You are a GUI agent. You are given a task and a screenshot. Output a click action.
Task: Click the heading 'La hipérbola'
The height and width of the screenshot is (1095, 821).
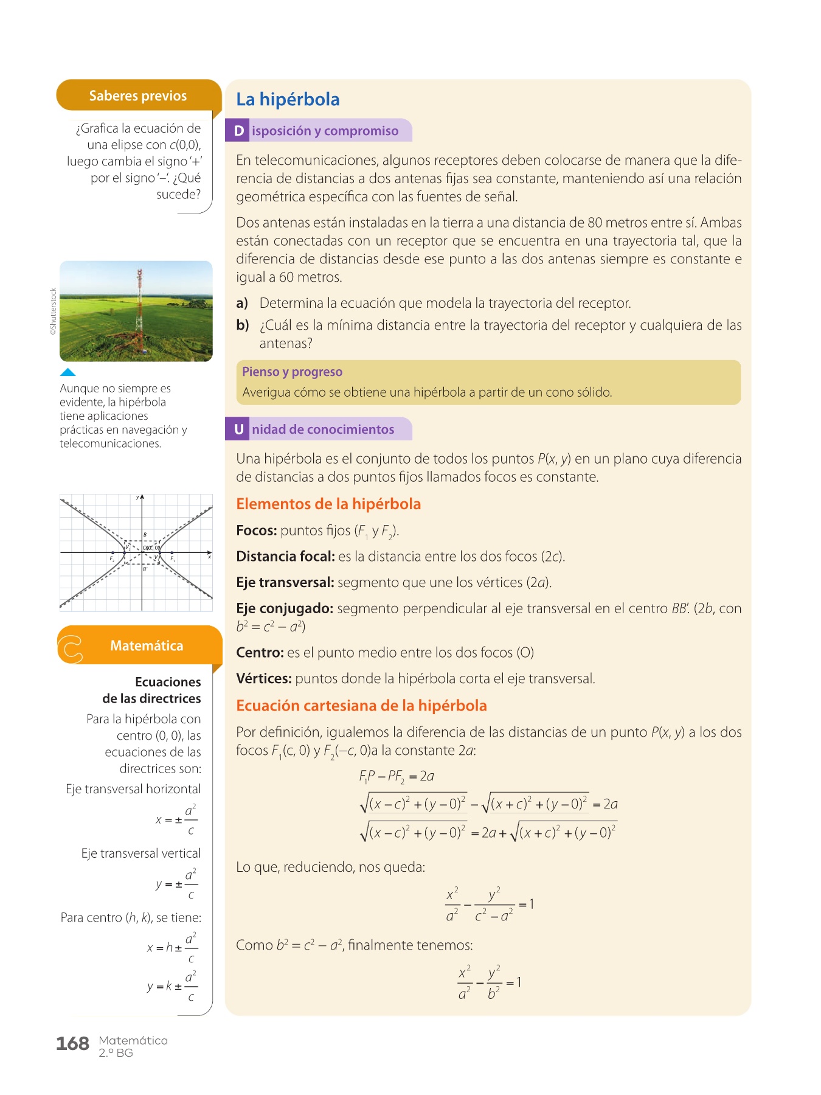click(288, 99)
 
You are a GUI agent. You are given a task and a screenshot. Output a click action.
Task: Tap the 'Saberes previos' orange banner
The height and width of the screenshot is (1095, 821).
click(138, 96)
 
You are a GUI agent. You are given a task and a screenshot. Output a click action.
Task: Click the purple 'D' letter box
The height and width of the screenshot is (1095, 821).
click(238, 131)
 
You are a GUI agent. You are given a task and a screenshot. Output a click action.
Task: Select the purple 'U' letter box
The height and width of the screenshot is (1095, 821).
click(238, 429)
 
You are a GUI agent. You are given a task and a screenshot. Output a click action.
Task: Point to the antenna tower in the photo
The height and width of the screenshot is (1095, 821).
click(139, 304)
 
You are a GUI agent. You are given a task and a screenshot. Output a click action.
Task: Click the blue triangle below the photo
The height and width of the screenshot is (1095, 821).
click(68, 372)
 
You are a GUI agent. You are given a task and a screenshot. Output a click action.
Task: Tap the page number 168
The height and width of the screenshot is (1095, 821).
click(72, 1044)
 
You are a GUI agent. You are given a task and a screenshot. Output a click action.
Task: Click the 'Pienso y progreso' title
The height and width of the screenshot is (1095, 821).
click(292, 372)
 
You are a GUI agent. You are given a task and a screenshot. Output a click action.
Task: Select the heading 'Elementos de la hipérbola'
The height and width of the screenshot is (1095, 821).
click(328, 504)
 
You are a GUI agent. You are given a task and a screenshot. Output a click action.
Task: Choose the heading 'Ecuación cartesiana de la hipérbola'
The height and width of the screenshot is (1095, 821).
click(361, 706)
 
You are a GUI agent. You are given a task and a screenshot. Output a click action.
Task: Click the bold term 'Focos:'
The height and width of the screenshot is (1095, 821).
click(257, 530)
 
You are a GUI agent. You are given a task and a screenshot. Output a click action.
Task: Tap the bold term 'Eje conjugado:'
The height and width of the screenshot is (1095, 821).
click(285, 608)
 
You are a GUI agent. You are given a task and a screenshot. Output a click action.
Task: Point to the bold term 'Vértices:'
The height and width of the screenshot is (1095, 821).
click(264, 678)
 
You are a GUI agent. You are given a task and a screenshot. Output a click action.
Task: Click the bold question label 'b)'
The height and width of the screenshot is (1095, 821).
click(243, 325)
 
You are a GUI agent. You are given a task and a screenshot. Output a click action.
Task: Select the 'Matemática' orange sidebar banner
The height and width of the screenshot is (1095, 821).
click(146, 645)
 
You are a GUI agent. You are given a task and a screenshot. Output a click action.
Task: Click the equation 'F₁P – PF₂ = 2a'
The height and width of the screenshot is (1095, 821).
click(397, 776)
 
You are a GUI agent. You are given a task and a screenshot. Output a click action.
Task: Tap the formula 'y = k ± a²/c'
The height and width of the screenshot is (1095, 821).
click(173, 986)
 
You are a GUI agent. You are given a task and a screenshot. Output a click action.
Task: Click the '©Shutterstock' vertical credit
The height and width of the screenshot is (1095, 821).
click(54, 311)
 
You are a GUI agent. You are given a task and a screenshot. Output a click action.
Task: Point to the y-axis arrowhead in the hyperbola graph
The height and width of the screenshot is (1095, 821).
click(142, 498)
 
